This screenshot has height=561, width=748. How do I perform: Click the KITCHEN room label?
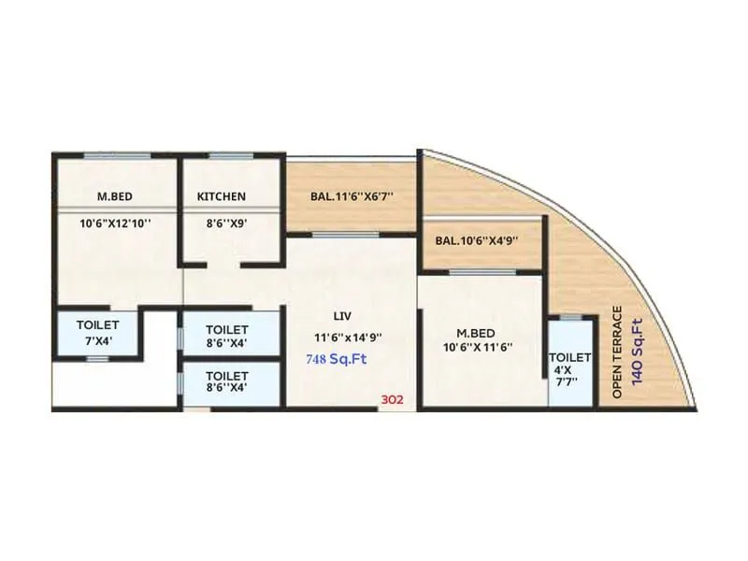(x=222, y=196)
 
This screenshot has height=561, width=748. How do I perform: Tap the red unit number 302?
(x=392, y=399)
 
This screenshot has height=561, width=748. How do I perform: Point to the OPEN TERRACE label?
(x=618, y=352)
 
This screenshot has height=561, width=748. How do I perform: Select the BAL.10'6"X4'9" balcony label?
(x=477, y=240)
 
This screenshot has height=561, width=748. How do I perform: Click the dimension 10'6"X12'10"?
(x=114, y=223)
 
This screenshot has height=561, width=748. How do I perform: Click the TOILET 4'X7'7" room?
(x=569, y=365)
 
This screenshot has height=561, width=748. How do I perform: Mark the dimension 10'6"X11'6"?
(x=479, y=348)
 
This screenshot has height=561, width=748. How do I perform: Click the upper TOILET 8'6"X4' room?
(x=226, y=336)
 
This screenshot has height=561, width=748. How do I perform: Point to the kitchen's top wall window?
(x=229, y=155)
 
